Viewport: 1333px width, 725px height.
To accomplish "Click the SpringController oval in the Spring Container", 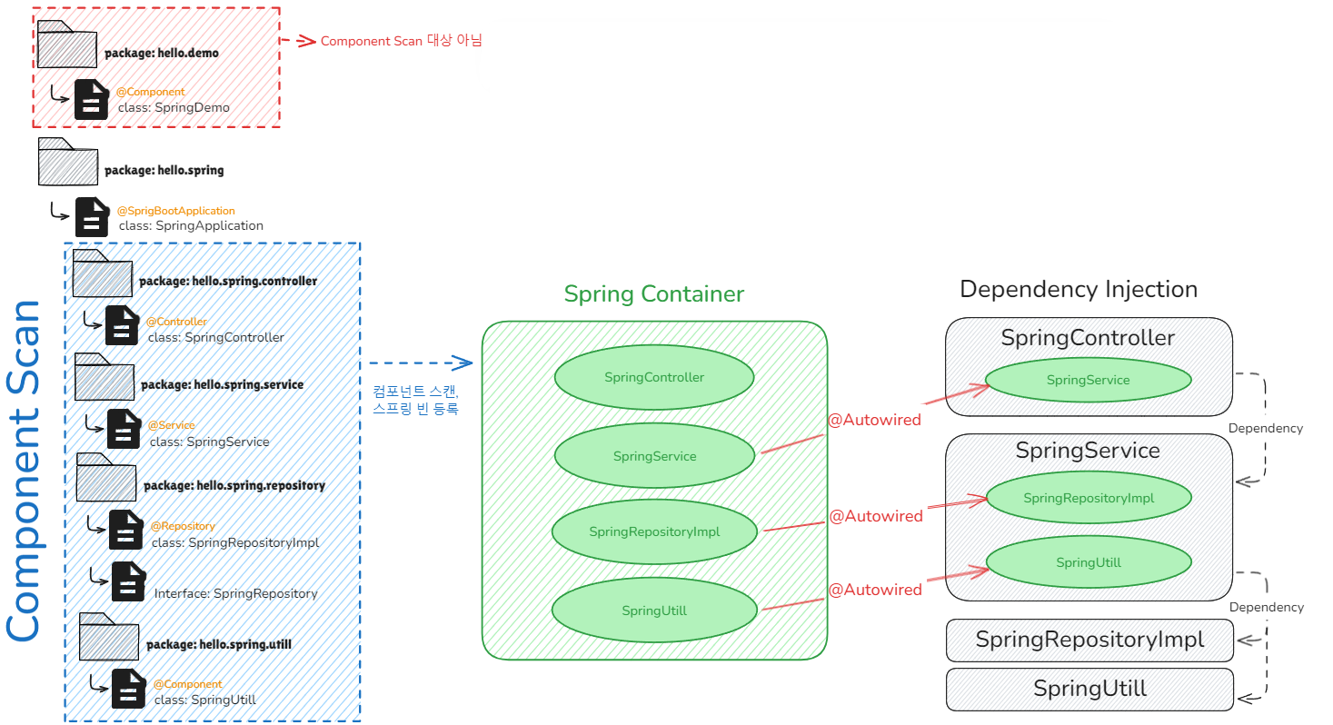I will pos(654,377).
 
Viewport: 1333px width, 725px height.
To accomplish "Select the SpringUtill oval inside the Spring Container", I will pos(654,611).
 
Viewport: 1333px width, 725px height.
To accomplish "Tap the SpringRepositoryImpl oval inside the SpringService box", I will pos(1089,498).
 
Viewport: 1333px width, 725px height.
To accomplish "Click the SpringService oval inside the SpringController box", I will pos(1089,380).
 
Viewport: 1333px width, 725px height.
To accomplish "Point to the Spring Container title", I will pos(653,294).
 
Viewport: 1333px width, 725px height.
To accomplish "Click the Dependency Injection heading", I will pos(1079,289).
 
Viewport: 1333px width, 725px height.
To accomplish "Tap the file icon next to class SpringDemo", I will pos(91,100).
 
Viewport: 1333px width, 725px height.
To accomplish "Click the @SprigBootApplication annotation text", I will pos(176,211).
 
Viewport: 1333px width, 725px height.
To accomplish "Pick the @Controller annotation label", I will pos(176,322).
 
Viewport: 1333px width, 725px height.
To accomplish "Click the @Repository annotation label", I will pos(183,526).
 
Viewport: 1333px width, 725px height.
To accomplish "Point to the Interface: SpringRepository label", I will pos(236,593).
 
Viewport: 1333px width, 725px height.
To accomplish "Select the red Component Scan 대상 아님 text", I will pos(401,41).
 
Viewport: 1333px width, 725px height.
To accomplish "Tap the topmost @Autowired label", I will pos(874,420).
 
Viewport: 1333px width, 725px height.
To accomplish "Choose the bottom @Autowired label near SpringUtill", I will pos(875,590).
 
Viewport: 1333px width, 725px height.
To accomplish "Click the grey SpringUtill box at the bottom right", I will pos(1089,689).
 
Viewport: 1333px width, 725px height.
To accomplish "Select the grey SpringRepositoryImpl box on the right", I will pos(1089,640).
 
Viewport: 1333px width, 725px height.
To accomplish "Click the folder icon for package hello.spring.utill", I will pos(108,637).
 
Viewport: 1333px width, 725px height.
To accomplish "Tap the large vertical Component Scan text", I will pos(25,471).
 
